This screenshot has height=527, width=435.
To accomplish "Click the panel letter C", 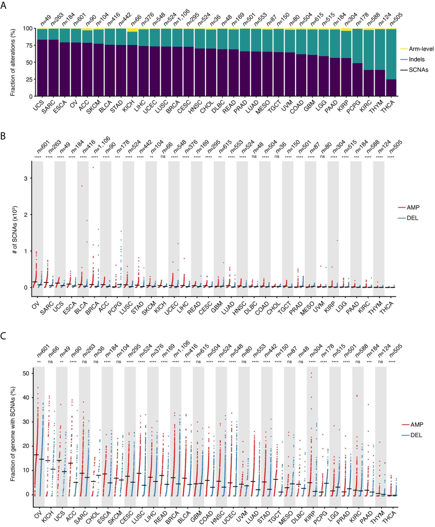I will coord(3,336).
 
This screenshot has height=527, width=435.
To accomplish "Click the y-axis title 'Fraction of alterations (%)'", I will coord(13,62).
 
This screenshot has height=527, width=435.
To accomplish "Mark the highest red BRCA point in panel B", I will coord(93,167).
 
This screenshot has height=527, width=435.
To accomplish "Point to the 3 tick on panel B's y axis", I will coord(26,179).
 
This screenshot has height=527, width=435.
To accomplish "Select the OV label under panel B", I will coord(36,306).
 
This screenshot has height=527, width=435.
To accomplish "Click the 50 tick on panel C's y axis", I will coord(26,373).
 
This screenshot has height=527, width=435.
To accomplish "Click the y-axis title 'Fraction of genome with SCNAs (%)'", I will coord(13,434).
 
